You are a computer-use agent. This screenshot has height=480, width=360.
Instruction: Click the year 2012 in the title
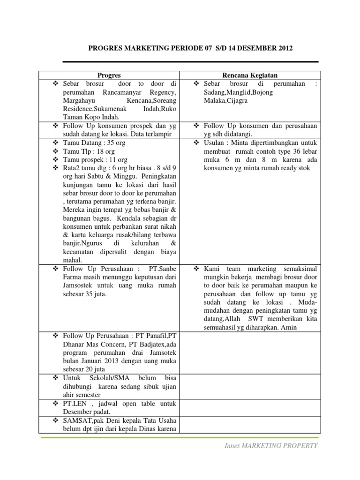tap(285, 48)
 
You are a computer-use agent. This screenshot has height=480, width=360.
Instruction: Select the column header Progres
tap(109, 75)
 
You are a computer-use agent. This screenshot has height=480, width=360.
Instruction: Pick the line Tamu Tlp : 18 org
tap(89, 151)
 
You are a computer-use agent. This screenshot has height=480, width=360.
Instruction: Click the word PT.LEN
tap(74, 403)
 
